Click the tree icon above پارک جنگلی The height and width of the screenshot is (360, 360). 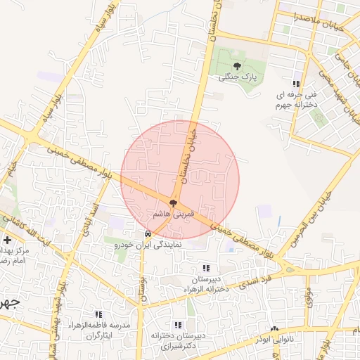click(x=245, y=66)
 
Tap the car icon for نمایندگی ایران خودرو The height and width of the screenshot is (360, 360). click(x=147, y=233)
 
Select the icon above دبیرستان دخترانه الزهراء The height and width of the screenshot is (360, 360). click(x=205, y=268)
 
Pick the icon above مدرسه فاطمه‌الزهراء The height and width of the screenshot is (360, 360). click(x=98, y=314)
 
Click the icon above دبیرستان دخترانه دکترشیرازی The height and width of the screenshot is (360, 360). click(x=178, y=325)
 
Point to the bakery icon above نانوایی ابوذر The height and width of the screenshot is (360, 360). click(x=274, y=328)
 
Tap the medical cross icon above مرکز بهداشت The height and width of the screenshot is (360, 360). click(x=7, y=240)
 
